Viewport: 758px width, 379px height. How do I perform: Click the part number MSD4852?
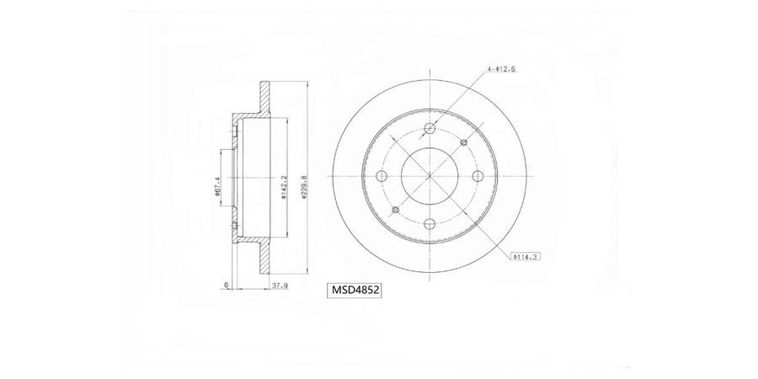(x=355, y=290)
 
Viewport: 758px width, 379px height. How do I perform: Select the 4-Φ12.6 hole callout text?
(x=502, y=69)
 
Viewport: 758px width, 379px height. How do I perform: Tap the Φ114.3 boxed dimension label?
(x=525, y=256)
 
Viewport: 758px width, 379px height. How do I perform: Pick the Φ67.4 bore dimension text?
(x=217, y=187)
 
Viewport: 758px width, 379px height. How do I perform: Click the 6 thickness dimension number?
(x=227, y=286)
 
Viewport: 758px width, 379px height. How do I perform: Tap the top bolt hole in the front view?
(x=430, y=128)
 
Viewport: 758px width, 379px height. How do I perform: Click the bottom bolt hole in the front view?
(x=430, y=223)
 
